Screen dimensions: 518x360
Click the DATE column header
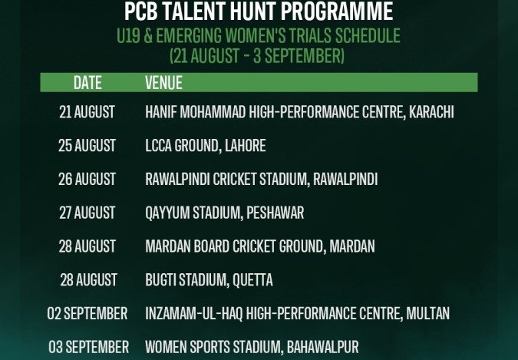point(87,83)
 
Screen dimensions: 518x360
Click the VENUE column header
point(164,83)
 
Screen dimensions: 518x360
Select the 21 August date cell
point(87,112)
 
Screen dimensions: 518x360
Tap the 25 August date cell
point(87,146)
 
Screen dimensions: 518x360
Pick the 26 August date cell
point(87,179)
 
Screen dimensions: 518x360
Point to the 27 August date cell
point(87,213)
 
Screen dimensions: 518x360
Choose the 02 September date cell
point(87,313)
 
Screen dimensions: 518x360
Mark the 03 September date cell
point(88,347)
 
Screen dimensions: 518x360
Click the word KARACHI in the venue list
point(431,112)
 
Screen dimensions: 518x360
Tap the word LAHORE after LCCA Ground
point(245,146)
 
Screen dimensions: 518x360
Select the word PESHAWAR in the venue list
point(275,213)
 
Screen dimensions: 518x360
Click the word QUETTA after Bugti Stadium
point(252,280)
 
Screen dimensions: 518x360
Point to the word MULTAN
point(427,313)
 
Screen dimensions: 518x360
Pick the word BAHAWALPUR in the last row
point(323,347)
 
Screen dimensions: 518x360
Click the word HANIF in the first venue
point(161,112)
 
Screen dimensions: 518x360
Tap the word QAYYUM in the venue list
point(167,213)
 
